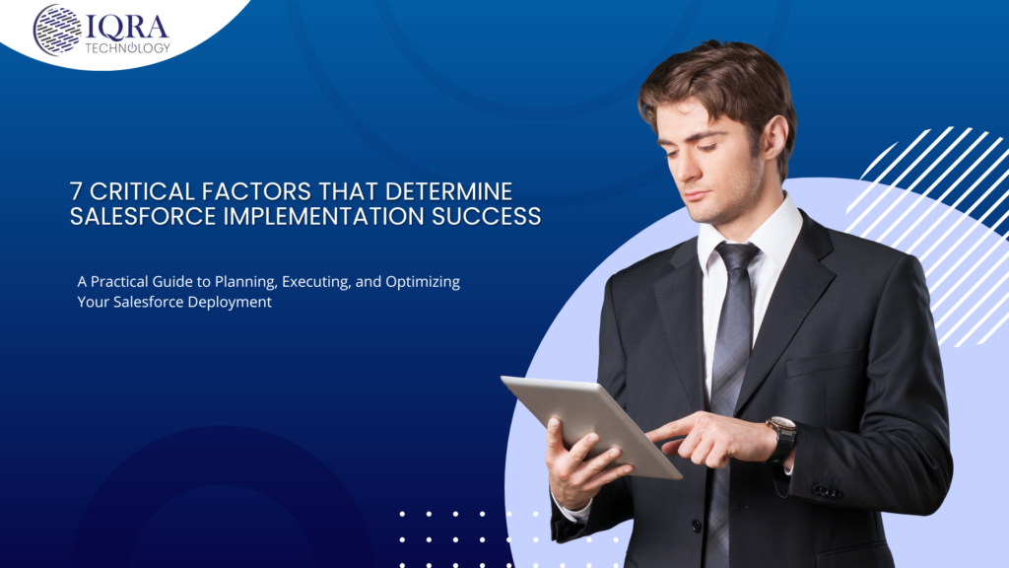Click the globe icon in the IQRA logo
tap(57, 31)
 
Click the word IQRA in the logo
tap(127, 28)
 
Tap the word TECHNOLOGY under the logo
tap(127, 48)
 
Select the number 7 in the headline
tap(77, 192)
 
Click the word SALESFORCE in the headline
tap(144, 216)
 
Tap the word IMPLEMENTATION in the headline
tap(323, 216)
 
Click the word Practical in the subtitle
tap(118, 281)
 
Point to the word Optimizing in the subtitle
tap(423, 282)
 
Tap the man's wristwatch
tap(781, 437)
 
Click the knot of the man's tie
tap(735, 256)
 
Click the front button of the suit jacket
tap(697, 527)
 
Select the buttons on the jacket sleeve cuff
tap(827, 492)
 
